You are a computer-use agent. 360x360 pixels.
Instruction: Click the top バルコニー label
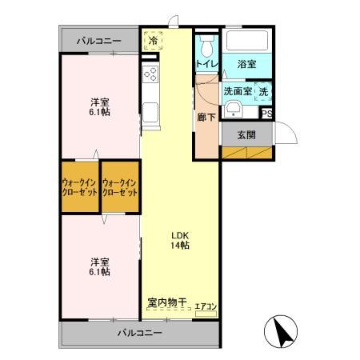coord(99,39)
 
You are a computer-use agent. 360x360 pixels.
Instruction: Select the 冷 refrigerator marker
coord(152,38)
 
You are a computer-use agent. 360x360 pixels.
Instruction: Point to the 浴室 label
coord(246,63)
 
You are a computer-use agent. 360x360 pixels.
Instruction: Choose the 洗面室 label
coord(238,91)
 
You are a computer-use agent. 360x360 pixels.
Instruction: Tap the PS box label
coord(267,113)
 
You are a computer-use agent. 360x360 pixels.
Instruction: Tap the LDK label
coord(179,234)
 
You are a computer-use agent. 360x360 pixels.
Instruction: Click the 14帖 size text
coord(179,245)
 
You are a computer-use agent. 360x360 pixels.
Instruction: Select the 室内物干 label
coord(166,302)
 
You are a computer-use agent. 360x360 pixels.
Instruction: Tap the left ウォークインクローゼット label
coord(80,187)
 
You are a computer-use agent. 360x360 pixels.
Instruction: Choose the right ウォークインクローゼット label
coord(120,187)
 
